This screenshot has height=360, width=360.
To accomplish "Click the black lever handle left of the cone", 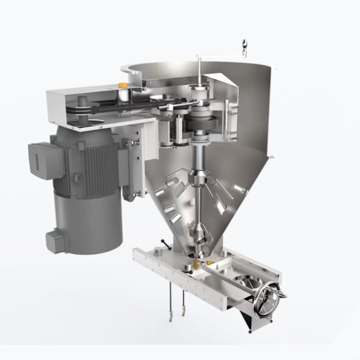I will [162, 244].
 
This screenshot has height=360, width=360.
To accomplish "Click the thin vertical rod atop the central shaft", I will [200, 70].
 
